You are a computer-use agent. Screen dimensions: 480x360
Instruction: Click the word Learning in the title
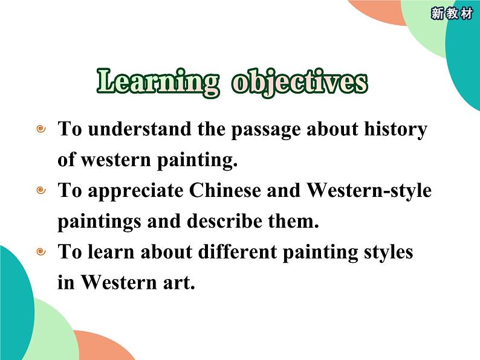tap(158, 82)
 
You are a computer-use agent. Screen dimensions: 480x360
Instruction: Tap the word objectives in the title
tap(300, 83)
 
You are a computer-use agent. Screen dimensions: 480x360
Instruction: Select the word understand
tap(140, 129)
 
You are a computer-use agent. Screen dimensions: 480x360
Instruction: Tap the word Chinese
tap(225, 190)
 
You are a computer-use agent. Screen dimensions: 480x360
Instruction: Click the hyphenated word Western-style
tap(369, 191)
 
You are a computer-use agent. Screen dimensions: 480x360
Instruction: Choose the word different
tap(238, 251)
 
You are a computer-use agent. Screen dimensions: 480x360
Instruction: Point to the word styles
tap(389, 252)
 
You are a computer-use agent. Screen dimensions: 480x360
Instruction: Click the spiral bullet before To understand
tap(41, 129)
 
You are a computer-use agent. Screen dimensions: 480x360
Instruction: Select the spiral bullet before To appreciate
tap(41, 190)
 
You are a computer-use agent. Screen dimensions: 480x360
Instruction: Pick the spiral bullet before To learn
tap(41, 252)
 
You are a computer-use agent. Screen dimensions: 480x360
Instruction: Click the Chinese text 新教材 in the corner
tap(452, 14)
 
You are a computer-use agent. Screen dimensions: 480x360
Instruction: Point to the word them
tap(294, 220)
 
